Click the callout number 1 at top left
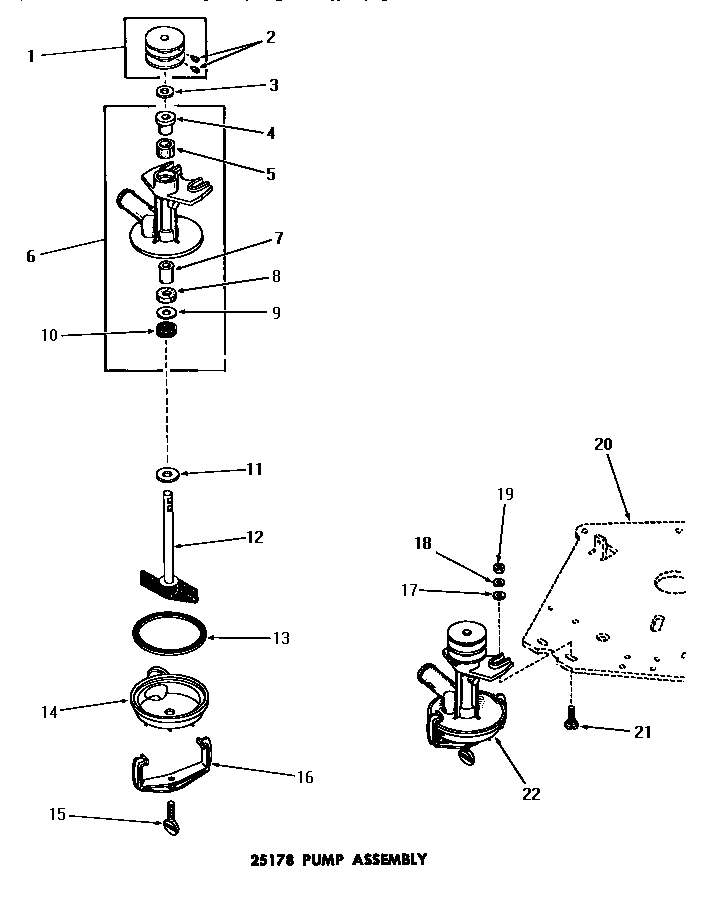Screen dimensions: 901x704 tap(31, 56)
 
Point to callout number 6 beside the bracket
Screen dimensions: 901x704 tap(31, 256)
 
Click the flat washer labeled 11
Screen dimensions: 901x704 tap(167, 471)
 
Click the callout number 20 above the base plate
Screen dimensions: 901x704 tap(603, 444)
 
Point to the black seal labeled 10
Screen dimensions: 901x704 tap(165, 331)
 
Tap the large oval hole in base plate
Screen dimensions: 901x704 tap(668, 585)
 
